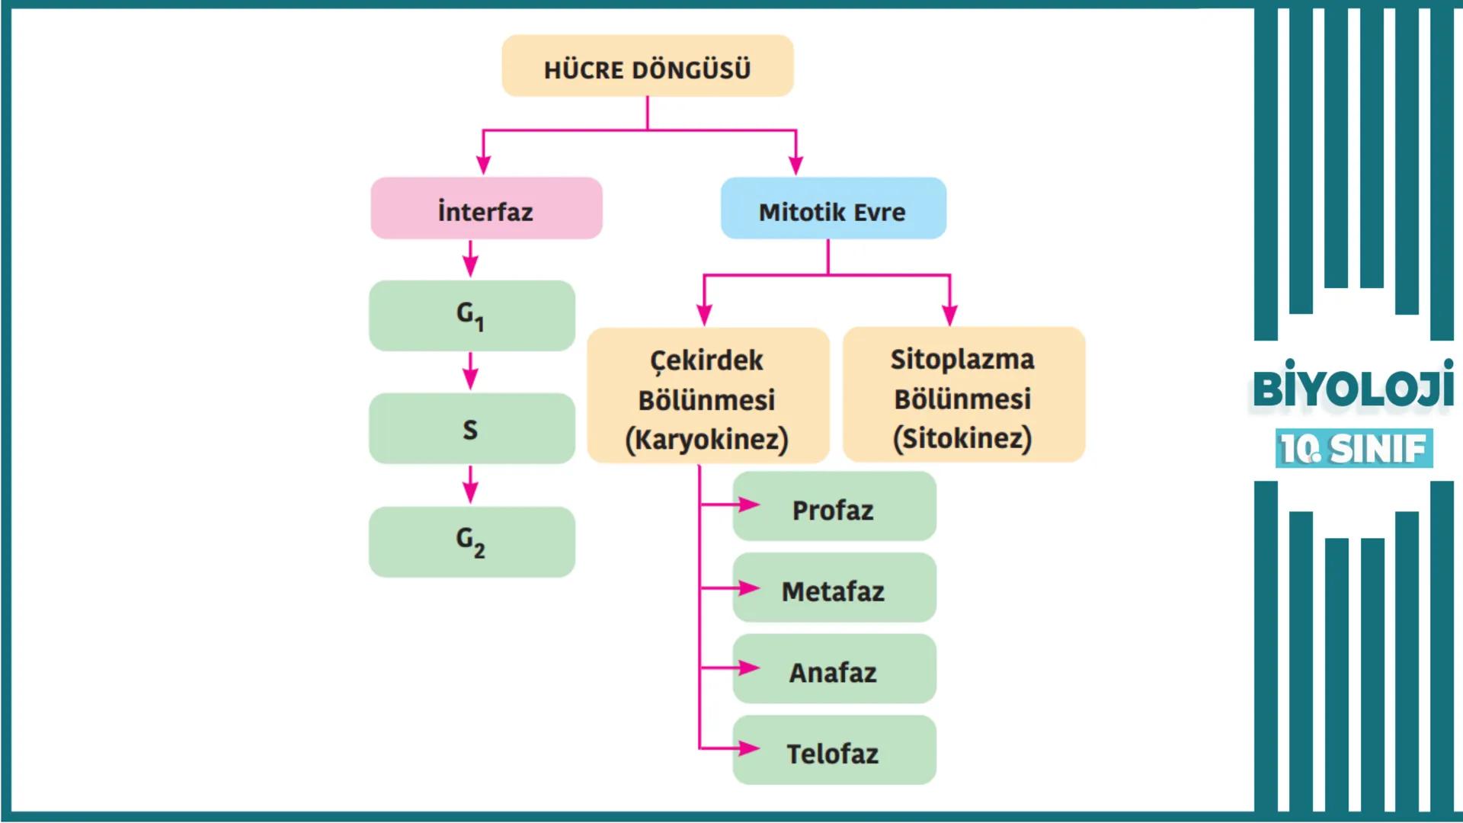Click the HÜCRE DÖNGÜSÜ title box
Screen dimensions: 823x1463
click(647, 66)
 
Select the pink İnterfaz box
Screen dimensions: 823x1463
click(486, 209)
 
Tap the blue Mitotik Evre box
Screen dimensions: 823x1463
click(833, 209)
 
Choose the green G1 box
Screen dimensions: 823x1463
click(472, 315)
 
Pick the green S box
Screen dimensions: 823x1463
click(472, 428)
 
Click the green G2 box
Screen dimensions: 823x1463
click(472, 542)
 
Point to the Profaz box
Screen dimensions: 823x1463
click(834, 507)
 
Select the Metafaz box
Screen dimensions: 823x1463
click(834, 588)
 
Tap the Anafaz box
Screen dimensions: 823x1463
click(834, 669)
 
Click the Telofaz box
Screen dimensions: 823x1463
click(834, 751)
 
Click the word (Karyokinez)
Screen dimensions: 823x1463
click(706, 440)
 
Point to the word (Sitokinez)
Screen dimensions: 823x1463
click(962, 439)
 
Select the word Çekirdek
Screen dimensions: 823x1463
click(706, 360)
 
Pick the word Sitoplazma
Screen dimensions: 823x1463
click(962, 359)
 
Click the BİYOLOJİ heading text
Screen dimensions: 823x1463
click(1353, 387)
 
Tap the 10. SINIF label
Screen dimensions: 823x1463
click(1353, 449)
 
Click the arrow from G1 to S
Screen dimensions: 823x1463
click(471, 371)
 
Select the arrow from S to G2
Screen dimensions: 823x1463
click(471, 485)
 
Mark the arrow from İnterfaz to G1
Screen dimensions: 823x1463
click(471, 259)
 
